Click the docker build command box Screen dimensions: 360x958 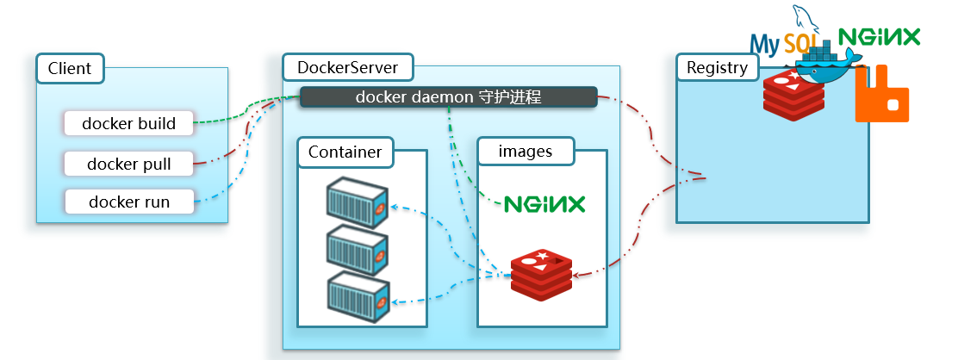[128, 123]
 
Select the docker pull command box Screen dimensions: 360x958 [128, 163]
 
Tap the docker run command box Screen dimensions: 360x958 [128, 202]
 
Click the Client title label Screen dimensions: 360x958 [70, 69]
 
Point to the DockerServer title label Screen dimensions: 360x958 [348, 67]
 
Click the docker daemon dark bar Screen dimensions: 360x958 [448, 97]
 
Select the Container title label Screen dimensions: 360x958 [345, 152]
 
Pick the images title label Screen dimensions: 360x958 [526, 152]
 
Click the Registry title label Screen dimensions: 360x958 [718, 67]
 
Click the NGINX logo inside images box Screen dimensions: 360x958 [544, 204]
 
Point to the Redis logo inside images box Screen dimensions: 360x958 [541, 274]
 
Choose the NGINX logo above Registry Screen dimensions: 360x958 [879, 36]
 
